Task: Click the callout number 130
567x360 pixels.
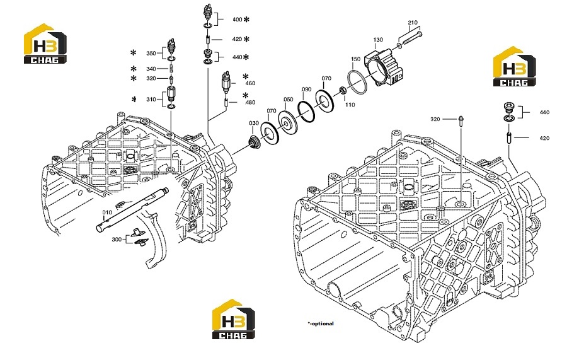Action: point(378,40)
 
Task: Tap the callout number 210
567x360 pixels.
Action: point(413,23)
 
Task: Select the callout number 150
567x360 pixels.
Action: point(355,59)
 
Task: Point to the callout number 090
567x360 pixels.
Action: point(306,90)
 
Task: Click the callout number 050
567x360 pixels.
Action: point(288,100)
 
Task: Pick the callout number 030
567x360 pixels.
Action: point(254,123)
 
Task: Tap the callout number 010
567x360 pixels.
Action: point(107,212)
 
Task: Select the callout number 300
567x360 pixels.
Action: point(117,239)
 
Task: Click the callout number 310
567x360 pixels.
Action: point(151,99)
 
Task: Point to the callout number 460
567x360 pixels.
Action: point(250,83)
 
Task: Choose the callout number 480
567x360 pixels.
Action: point(250,102)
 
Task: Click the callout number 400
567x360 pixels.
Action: point(238,20)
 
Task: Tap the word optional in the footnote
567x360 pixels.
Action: point(323,323)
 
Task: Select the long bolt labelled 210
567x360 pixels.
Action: point(410,40)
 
